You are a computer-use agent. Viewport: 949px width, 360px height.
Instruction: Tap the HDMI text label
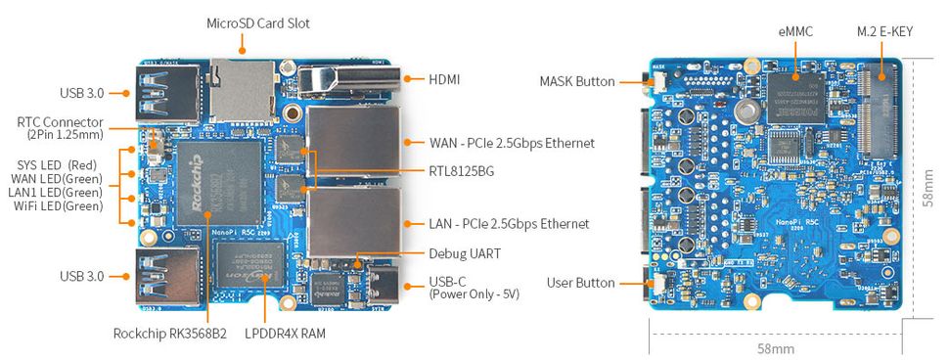coord(444,79)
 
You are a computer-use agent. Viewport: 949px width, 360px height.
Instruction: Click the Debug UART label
coord(465,253)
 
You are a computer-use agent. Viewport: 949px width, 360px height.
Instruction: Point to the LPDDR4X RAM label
coord(286,334)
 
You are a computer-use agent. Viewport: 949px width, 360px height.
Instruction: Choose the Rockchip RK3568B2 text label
coord(169,334)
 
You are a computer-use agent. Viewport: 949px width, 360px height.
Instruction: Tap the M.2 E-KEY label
coord(884,32)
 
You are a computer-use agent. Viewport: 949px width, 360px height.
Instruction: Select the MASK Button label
coord(577,81)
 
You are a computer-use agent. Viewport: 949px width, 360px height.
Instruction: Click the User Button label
coord(582,283)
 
